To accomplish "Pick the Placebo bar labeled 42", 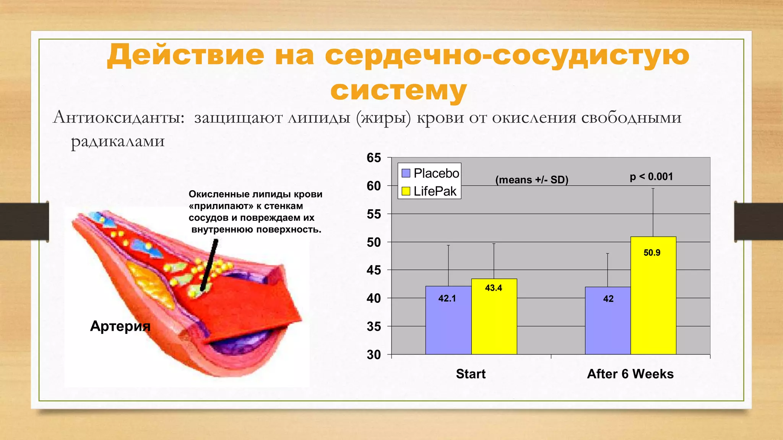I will coord(608,320).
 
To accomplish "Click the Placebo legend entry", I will coord(430,173).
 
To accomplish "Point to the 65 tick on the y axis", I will coord(374,158).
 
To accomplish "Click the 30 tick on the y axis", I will coord(374,354).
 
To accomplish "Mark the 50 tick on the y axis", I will coord(374,242).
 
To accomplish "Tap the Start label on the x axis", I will coord(471,374).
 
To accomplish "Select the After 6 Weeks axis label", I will coord(630,374).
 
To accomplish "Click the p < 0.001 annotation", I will coord(651,176).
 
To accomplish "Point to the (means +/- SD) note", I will coord(531,180).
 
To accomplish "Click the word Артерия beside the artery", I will coord(120,326).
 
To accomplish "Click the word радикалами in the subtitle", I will coord(118,141).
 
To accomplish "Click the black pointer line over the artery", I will coord(210,264).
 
